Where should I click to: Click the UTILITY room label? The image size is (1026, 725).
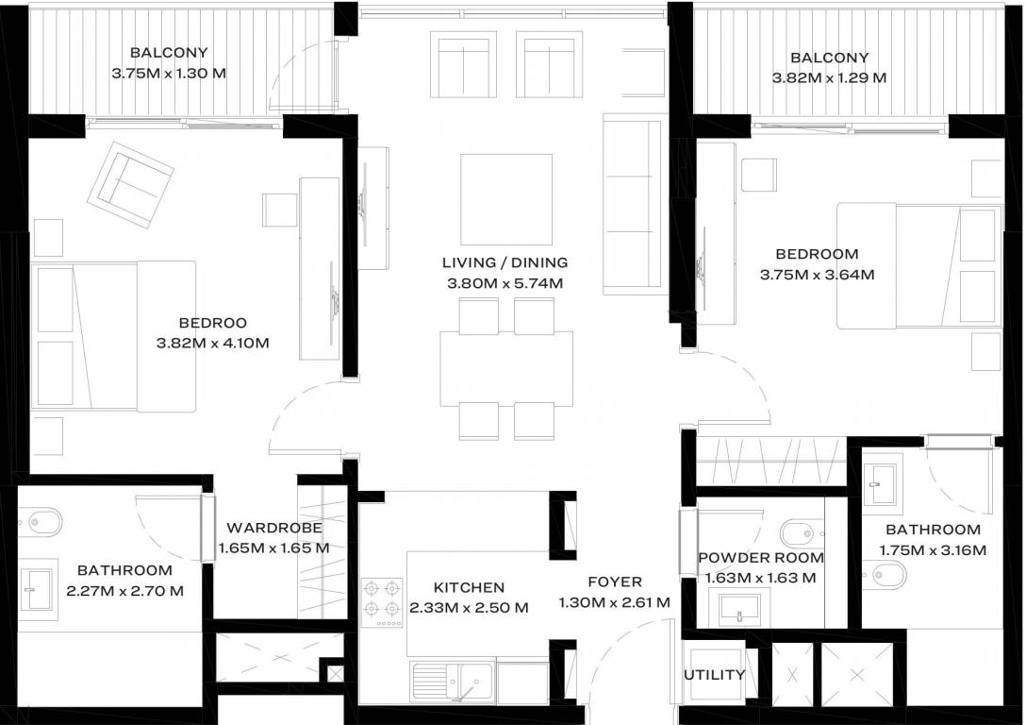click(715, 675)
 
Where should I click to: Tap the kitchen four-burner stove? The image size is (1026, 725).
click(382, 601)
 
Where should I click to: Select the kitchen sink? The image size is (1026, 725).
click(464, 681)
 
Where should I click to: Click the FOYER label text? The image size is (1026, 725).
click(614, 582)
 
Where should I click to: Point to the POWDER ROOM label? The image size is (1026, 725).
click(761, 558)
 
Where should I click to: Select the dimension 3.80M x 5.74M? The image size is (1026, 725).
click(505, 282)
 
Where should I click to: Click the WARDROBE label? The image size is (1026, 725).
click(274, 529)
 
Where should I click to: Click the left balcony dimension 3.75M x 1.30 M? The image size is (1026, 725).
click(169, 73)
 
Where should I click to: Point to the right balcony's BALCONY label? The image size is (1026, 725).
click(829, 58)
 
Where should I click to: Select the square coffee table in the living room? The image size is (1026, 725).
click(506, 198)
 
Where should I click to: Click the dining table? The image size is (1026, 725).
click(506, 367)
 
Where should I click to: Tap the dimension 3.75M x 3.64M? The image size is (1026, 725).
click(817, 275)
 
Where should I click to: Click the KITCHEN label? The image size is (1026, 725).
click(469, 587)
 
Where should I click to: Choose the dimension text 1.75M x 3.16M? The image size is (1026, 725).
click(933, 550)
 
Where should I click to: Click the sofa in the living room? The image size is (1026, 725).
click(633, 202)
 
